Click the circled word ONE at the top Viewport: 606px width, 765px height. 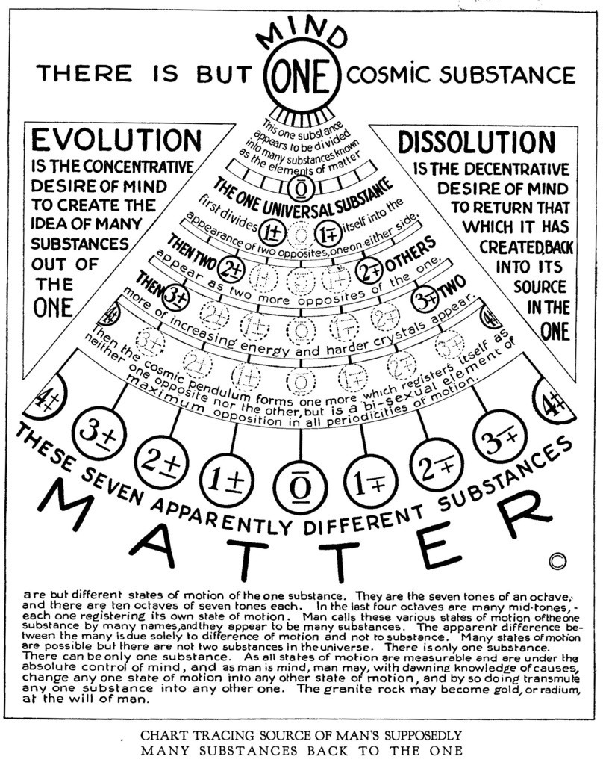(302, 76)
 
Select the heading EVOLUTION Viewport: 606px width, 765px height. (116, 140)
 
